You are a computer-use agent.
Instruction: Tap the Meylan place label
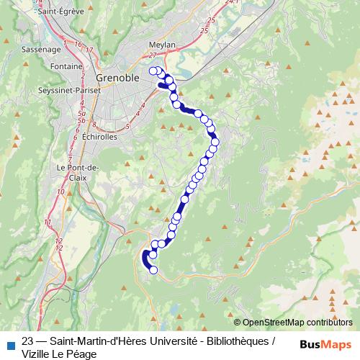coord(163,44)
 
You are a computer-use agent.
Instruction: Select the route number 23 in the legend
coord(28,341)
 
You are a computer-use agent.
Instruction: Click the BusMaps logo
coord(325,343)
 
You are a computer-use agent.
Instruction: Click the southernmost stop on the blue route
coord(153,270)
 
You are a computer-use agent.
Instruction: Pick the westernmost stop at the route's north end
coord(153,70)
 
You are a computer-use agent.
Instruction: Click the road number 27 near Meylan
coord(153,55)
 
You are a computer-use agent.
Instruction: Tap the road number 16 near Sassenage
coord(77,44)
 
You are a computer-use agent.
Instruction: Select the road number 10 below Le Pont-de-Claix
coord(60,192)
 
